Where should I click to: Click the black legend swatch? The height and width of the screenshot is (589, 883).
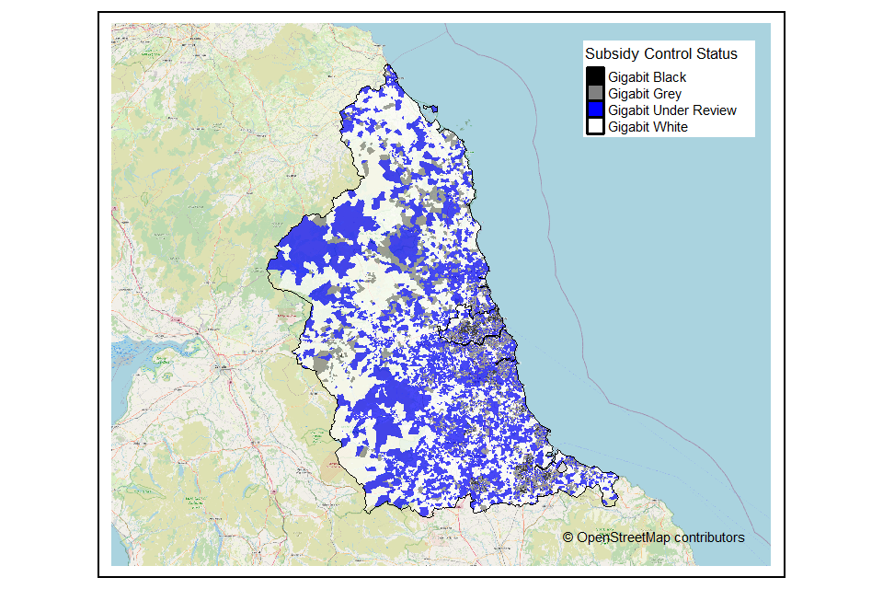click(x=595, y=76)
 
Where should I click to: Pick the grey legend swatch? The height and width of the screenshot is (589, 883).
click(x=595, y=93)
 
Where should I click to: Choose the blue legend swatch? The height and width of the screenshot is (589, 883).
click(x=595, y=110)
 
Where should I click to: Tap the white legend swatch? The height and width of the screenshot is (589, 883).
click(x=595, y=126)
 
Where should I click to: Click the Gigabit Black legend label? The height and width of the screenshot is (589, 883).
click(x=647, y=77)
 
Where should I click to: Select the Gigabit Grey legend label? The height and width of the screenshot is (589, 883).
click(x=644, y=94)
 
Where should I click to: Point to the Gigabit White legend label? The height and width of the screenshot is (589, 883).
click(x=647, y=127)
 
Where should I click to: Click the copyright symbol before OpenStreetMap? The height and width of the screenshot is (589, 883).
click(x=568, y=537)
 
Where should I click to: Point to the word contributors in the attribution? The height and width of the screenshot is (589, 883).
click(x=708, y=537)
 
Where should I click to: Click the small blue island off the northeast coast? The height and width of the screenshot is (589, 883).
click(x=432, y=110)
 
